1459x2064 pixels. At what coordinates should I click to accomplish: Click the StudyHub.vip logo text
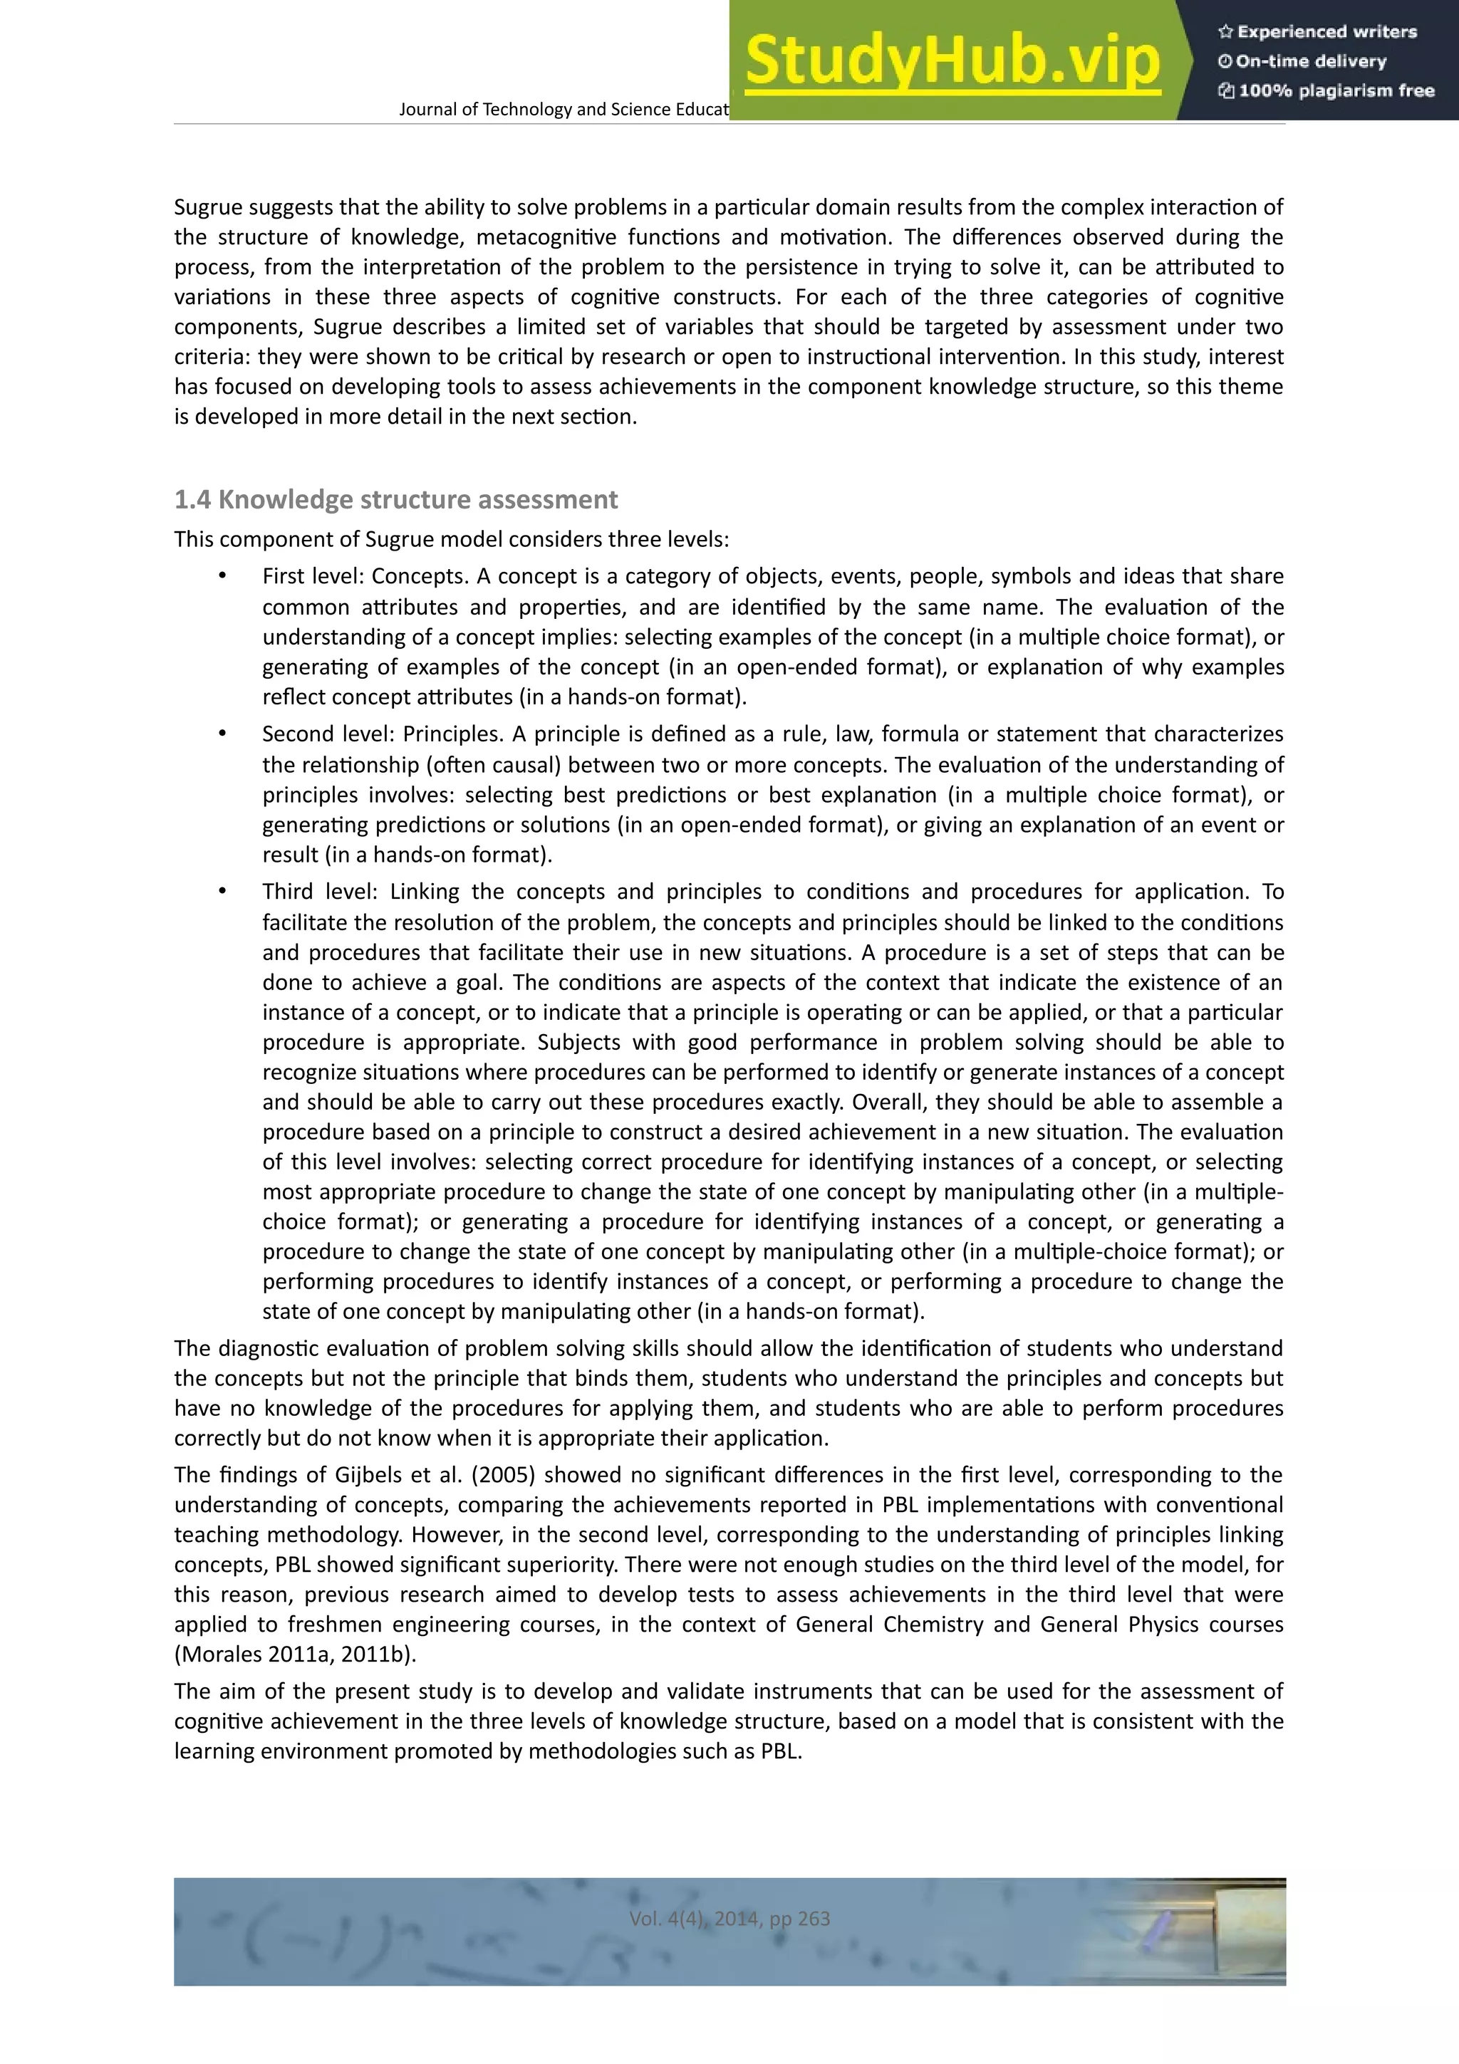(x=951, y=61)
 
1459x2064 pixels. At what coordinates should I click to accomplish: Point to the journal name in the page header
(x=563, y=110)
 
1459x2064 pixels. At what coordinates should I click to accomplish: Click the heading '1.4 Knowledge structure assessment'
(x=395, y=500)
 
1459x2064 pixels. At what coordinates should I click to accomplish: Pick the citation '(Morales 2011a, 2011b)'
(x=296, y=1654)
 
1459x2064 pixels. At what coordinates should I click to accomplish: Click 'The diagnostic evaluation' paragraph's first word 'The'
(x=192, y=1348)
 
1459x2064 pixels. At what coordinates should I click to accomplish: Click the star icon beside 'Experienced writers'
(x=1225, y=32)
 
